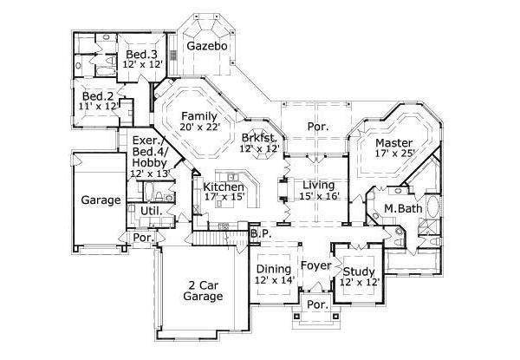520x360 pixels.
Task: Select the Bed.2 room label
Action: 99,96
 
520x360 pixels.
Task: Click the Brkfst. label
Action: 259,137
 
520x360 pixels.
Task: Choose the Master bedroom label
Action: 393,141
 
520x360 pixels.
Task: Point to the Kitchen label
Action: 222,187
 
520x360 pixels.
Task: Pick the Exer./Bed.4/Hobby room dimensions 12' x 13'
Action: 148,173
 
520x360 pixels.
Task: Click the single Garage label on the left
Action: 101,200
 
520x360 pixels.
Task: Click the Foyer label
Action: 316,265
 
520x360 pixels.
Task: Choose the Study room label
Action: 359,270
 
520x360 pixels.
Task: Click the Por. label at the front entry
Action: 316,306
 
